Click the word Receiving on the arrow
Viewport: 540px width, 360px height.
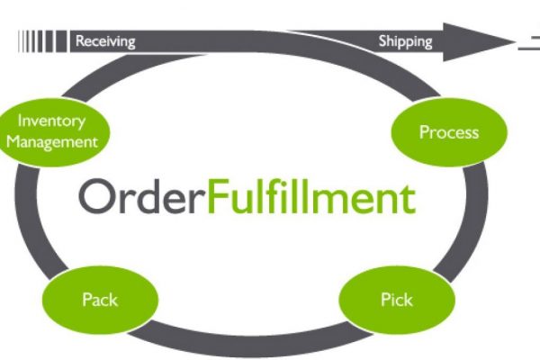coord(105,41)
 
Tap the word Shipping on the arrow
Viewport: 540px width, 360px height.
coord(405,41)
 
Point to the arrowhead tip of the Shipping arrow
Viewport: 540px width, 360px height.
coord(516,42)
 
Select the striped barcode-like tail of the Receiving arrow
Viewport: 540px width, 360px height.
coord(43,41)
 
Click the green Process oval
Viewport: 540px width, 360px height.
coord(449,132)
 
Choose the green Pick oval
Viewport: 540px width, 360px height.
coord(397,300)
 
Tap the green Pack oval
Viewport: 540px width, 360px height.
coord(100,300)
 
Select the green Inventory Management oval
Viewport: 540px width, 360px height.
coord(52,132)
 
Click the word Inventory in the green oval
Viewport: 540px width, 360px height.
coord(51,121)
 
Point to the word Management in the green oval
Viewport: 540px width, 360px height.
coord(52,142)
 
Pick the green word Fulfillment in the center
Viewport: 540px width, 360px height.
coord(311,195)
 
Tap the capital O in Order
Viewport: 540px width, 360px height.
coord(96,196)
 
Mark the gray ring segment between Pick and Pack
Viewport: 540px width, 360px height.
coord(248,346)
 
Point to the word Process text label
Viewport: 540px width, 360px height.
coord(449,132)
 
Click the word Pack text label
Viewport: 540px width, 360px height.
coord(100,300)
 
